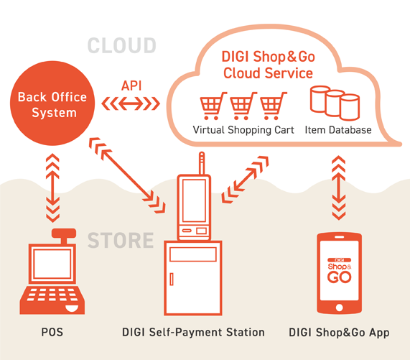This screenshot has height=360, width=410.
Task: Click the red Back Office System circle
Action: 52,103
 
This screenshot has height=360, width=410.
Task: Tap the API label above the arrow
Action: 131,86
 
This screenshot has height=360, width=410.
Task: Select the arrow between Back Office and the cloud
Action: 131,103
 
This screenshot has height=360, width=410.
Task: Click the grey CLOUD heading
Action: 122,45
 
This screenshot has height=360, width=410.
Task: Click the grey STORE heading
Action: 121,240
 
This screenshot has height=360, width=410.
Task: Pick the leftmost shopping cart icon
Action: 213,106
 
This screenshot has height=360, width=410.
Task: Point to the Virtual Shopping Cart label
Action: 243,130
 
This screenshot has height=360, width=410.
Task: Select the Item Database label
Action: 338,130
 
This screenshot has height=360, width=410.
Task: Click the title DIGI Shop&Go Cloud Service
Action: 269,65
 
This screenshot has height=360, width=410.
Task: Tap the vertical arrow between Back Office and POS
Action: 52,188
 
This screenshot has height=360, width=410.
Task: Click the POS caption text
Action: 52,332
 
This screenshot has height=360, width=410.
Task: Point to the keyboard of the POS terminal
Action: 52,295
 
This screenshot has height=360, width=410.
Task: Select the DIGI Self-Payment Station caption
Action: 193,332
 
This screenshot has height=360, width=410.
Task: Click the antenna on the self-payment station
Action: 202,163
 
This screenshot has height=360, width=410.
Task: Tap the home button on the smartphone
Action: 339,307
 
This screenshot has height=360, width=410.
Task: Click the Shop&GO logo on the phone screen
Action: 340,271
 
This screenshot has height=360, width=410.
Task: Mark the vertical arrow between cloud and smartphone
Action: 339,188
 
